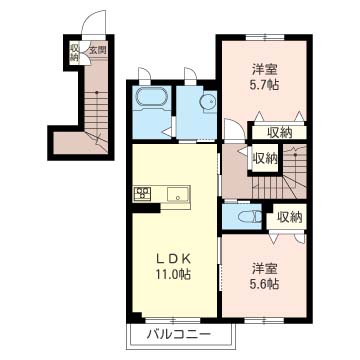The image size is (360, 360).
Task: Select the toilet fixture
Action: (x=251, y=214)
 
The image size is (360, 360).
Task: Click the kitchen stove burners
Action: (x=141, y=192)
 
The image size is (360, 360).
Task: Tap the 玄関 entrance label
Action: (x=96, y=49)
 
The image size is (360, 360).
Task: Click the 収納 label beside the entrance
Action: (x=74, y=52)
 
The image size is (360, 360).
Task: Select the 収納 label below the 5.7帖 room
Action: (x=279, y=132)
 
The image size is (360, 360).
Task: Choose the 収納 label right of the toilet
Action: (x=290, y=216)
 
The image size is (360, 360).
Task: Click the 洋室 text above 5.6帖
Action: (x=264, y=268)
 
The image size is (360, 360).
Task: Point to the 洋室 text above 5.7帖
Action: (x=264, y=70)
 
